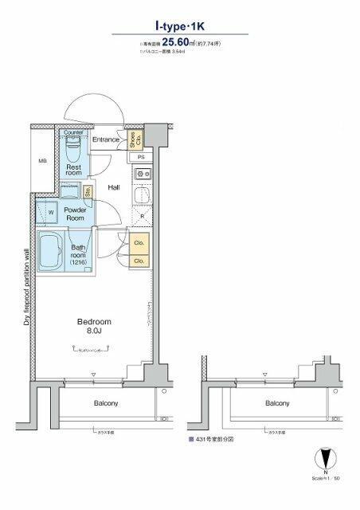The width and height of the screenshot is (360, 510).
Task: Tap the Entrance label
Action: (105, 140)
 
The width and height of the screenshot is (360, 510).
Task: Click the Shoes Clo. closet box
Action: (135, 139)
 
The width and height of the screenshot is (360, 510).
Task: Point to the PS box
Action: (140, 157)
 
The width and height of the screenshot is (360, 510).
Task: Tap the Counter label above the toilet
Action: (73, 133)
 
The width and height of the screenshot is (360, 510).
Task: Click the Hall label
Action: (114, 188)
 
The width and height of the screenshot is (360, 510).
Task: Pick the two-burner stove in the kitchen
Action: (141, 174)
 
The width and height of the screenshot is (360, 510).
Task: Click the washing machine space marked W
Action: (50, 213)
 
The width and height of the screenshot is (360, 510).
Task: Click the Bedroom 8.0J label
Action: (93, 326)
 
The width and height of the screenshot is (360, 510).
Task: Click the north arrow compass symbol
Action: (325, 461)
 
